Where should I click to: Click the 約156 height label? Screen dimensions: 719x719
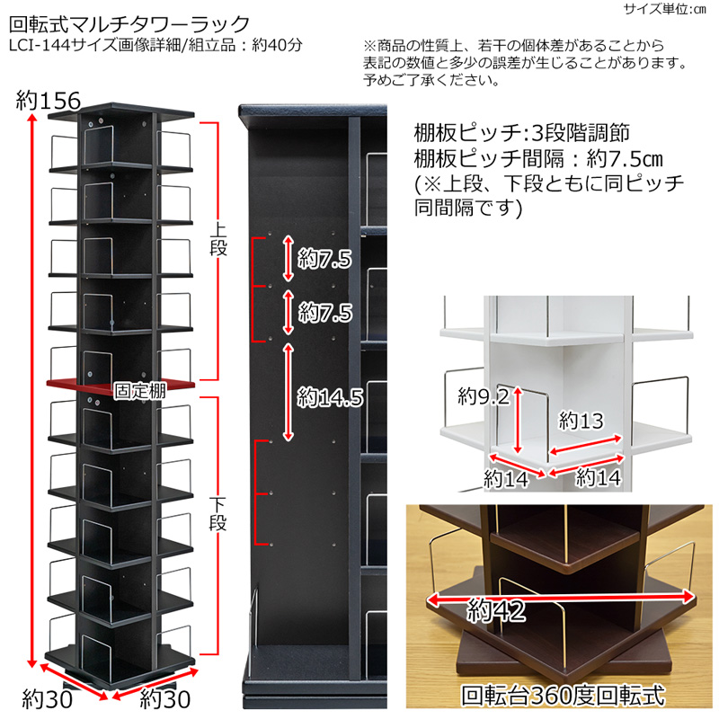49,101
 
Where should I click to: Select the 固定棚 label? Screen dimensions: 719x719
139,391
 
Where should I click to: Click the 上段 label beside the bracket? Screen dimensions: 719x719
218,239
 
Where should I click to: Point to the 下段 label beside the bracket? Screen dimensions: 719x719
218,513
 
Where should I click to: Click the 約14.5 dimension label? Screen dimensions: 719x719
330,397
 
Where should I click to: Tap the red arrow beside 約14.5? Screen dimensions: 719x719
288,392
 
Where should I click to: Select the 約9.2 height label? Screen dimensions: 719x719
484,395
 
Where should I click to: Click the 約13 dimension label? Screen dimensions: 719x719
581,420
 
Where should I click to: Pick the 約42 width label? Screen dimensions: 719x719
496,611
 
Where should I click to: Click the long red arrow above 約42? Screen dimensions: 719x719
560,597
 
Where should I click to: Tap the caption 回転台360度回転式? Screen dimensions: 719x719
564,695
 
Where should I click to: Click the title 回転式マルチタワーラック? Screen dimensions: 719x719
129,24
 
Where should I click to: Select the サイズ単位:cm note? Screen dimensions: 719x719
664,9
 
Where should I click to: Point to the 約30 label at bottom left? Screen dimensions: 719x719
48,699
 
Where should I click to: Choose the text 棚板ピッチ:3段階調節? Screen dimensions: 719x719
522,133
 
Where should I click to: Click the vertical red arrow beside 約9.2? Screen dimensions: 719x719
518,420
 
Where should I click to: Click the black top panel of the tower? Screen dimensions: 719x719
121,111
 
